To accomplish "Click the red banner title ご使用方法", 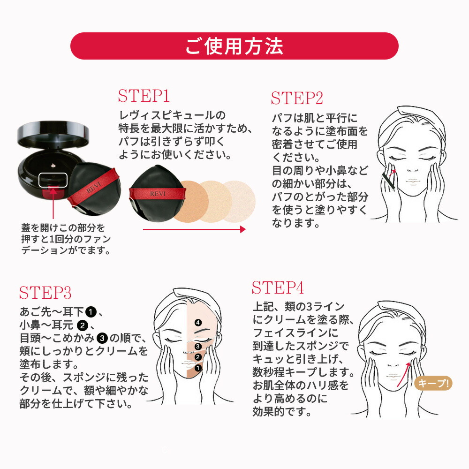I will pyautogui.click(x=234, y=46).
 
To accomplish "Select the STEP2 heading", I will pyautogui.click(x=297, y=98).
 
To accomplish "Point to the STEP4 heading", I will pyautogui.click(x=278, y=287).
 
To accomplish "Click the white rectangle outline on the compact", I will pyautogui.click(x=53, y=179).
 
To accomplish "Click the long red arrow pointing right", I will pyautogui.click(x=194, y=229).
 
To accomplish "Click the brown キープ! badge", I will pyautogui.click(x=433, y=383).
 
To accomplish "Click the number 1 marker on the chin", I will pyautogui.click(x=198, y=368).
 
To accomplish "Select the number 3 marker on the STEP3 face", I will pyautogui.click(x=198, y=347).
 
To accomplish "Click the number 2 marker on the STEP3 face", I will pyautogui.click(x=198, y=357).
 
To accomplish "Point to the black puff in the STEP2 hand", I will pyautogui.click(x=388, y=180).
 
